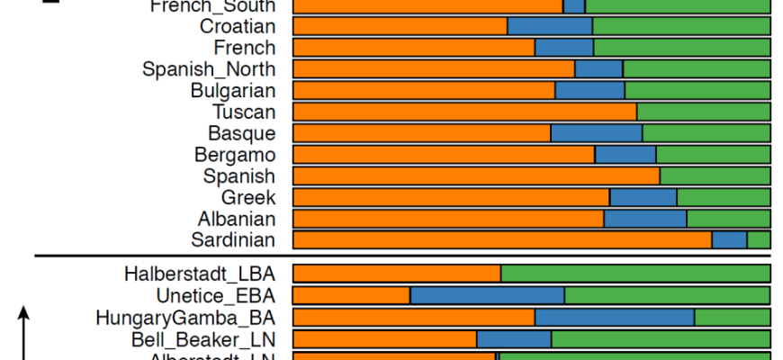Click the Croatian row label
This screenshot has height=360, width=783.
coord(237,26)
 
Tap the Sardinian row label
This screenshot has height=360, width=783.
coord(233,239)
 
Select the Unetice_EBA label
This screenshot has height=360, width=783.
coord(215,295)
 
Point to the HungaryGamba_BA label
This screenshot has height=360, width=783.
coord(185,317)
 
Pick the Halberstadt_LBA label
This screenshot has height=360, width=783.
coord(199,274)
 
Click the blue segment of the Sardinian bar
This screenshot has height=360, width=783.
coord(729,239)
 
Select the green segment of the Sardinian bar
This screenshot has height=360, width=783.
coord(759,239)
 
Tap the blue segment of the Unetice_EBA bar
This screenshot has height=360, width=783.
coord(487,295)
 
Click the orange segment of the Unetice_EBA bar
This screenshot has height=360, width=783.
coord(352,295)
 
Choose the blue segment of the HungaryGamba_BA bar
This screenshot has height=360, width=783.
coord(615,317)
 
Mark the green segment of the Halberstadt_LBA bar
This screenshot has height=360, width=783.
coord(635,274)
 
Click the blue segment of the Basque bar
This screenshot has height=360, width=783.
coord(596,133)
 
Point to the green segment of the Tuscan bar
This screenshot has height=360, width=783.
coord(703,112)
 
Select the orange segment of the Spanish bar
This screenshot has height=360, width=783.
coord(476,175)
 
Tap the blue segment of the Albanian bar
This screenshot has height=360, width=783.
coord(645,219)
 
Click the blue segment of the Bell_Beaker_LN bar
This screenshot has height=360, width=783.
coord(514,338)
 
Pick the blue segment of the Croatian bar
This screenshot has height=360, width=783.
coord(549,26)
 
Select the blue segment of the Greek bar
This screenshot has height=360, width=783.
coord(643,197)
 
